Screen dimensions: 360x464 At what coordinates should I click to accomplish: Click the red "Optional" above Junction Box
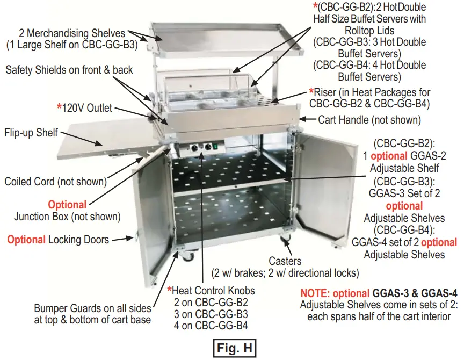[67, 205]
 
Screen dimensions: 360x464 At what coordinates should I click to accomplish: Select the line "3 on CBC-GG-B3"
[210, 314]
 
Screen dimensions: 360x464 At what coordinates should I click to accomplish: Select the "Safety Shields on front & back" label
[69, 70]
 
